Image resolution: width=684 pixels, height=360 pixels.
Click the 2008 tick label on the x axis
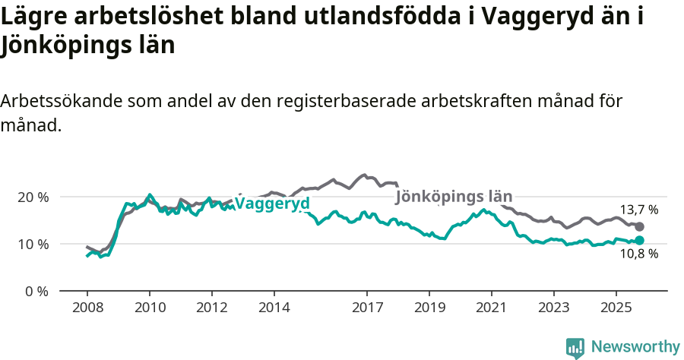(x=87, y=308)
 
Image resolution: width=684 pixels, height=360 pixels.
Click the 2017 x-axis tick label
(x=367, y=308)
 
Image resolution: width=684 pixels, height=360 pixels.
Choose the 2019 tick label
(x=429, y=308)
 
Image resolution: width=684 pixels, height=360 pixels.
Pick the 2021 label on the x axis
(x=492, y=308)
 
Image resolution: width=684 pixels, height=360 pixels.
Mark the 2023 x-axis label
(x=554, y=308)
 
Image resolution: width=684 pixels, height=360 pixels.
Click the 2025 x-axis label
(x=616, y=308)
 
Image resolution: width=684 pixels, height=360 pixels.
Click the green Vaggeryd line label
(x=272, y=204)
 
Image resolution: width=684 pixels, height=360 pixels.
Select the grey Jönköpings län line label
(x=454, y=197)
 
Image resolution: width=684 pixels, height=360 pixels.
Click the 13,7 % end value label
(x=639, y=210)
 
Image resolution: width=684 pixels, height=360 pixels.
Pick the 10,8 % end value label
(x=639, y=254)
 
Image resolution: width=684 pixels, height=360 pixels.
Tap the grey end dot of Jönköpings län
(x=640, y=226)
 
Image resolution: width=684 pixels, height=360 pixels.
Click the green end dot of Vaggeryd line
(x=640, y=240)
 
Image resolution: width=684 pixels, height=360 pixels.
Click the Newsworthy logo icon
(x=575, y=348)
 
